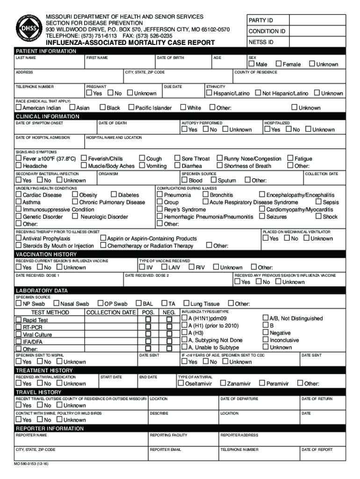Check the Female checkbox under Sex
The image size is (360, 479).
(x=279, y=64)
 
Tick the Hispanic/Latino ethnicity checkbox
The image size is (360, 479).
(x=209, y=93)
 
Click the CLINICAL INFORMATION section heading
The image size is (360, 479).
(x=48, y=116)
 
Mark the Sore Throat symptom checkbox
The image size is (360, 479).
(x=177, y=159)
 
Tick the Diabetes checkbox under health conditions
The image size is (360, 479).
(x=114, y=195)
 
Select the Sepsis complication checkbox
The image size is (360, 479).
(x=318, y=202)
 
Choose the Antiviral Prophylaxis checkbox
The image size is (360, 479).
(x=19, y=238)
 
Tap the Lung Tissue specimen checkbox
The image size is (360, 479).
(x=186, y=304)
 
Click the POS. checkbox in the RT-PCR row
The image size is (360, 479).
(x=148, y=327)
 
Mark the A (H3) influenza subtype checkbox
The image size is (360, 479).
(x=184, y=333)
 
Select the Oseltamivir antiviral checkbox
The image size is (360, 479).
(x=180, y=384)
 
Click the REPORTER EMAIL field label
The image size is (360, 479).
(x=165, y=450)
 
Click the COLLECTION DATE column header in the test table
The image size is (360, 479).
(x=111, y=312)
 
